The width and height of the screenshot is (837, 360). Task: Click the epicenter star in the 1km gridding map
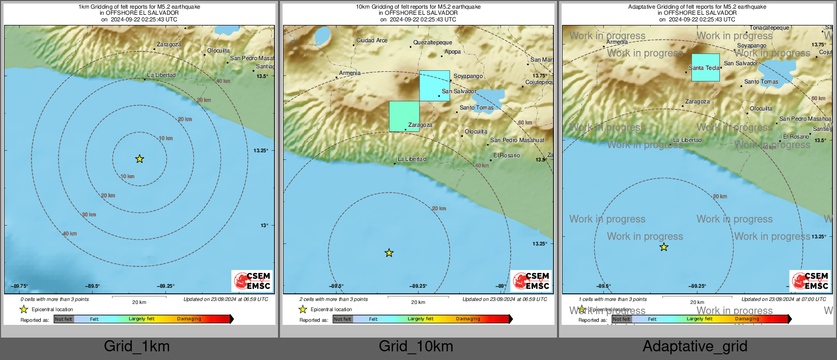(x=139, y=159)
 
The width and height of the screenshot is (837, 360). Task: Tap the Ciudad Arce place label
(x=372, y=40)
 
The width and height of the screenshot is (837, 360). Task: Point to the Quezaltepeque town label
(x=432, y=43)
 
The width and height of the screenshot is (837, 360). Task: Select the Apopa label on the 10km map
(x=453, y=52)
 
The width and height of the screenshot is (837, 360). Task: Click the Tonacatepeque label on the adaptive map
(x=769, y=28)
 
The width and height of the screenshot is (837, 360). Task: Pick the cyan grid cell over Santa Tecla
(x=705, y=67)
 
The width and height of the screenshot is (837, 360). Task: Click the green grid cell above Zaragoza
(x=404, y=116)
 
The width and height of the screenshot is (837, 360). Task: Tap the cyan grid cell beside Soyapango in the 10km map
(x=434, y=86)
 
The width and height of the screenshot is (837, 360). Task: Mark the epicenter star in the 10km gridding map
(x=389, y=253)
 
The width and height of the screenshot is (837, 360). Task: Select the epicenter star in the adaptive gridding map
(x=664, y=247)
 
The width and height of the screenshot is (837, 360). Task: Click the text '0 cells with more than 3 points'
(x=54, y=299)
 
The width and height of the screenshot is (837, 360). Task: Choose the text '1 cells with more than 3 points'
(x=612, y=299)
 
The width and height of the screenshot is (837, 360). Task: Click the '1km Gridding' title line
(x=139, y=7)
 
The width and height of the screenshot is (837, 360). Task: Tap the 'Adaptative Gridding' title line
(x=697, y=7)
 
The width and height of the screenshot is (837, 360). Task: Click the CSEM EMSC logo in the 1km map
(x=252, y=281)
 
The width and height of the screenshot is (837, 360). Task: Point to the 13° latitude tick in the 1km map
(x=264, y=225)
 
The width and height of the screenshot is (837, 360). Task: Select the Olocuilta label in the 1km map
(x=218, y=51)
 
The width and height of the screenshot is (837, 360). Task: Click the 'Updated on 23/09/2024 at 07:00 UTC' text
(x=784, y=299)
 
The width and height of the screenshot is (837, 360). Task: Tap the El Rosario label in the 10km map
(x=507, y=156)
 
